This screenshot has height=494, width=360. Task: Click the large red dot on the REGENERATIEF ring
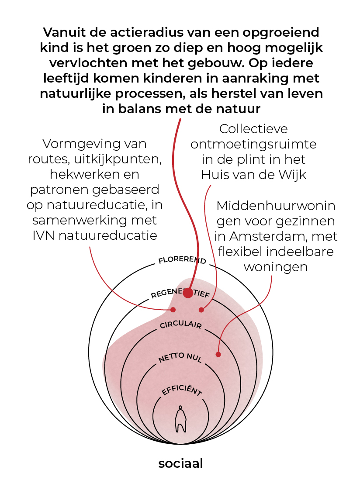click(x=188, y=293)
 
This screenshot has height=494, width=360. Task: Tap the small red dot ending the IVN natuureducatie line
click(x=173, y=310)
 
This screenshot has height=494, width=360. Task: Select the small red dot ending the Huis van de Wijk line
click(x=201, y=310)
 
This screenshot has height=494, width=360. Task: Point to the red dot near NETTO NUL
click(x=218, y=354)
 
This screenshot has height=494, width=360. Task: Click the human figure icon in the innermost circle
click(x=180, y=419)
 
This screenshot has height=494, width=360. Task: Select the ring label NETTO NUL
click(x=180, y=357)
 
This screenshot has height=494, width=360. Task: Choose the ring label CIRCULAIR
click(x=180, y=324)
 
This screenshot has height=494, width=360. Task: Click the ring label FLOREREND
click(x=182, y=259)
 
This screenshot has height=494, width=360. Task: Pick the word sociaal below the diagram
click(x=180, y=463)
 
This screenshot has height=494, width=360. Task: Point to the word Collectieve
click(x=253, y=129)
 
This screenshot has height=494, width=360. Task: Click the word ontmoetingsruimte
click(x=253, y=144)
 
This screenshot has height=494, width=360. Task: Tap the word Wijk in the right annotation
click(x=293, y=175)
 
